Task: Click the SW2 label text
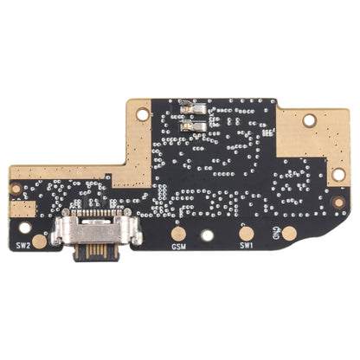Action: pos(22,245)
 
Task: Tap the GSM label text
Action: pos(178,247)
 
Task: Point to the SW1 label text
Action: pos(246,247)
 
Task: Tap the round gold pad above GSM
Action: pos(178,233)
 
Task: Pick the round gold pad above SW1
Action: pos(246,233)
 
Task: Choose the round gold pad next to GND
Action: pos(289,233)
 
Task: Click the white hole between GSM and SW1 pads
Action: pos(208,234)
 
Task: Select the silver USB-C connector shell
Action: pos(91,228)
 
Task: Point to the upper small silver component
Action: pos(193,112)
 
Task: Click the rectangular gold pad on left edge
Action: pos(16,209)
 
